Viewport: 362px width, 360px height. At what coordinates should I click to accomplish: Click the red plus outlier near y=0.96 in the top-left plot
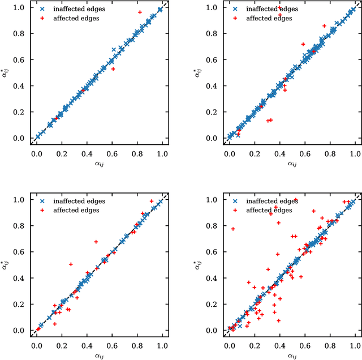pyautogui.click(x=140, y=12)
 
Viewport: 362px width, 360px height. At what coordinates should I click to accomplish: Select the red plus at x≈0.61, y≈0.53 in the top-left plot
pyautogui.click(x=113, y=68)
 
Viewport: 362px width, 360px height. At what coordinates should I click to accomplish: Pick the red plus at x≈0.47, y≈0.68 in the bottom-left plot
pyautogui.click(x=96, y=242)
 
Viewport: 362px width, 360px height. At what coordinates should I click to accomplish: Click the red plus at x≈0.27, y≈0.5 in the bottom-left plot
pyautogui.click(x=71, y=264)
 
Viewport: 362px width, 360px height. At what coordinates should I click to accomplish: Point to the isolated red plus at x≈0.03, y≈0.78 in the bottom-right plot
pyautogui.click(x=232, y=229)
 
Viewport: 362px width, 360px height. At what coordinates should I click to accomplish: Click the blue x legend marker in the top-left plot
pyautogui.click(x=42, y=9)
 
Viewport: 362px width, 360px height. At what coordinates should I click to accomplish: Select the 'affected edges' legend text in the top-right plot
pyautogui.click(x=269, y=18)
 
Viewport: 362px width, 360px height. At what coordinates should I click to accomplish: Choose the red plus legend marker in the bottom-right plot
pyautogui.click(x=234, y=211)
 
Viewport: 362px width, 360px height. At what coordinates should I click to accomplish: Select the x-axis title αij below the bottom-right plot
pyautogui.click(x=292, y=355)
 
